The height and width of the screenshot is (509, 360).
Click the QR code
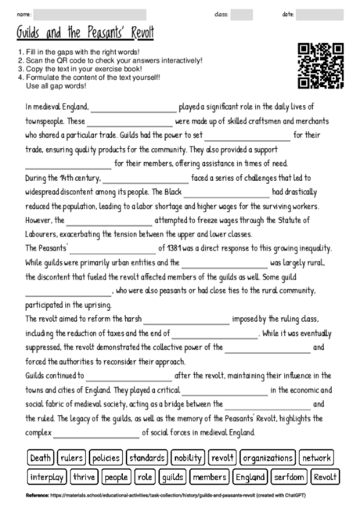322,66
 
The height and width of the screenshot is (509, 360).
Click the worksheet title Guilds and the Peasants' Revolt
85,34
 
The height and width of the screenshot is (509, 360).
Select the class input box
242,14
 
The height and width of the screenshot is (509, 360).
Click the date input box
320,14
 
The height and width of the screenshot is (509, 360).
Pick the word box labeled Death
41,457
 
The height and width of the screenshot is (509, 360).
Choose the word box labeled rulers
72,457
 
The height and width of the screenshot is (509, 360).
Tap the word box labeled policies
106,457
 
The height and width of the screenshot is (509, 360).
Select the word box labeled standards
146,457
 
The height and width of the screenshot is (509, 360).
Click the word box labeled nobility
187,457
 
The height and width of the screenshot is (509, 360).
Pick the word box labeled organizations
267,457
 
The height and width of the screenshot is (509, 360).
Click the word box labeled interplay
47,477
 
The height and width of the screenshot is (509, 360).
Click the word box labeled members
208,477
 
